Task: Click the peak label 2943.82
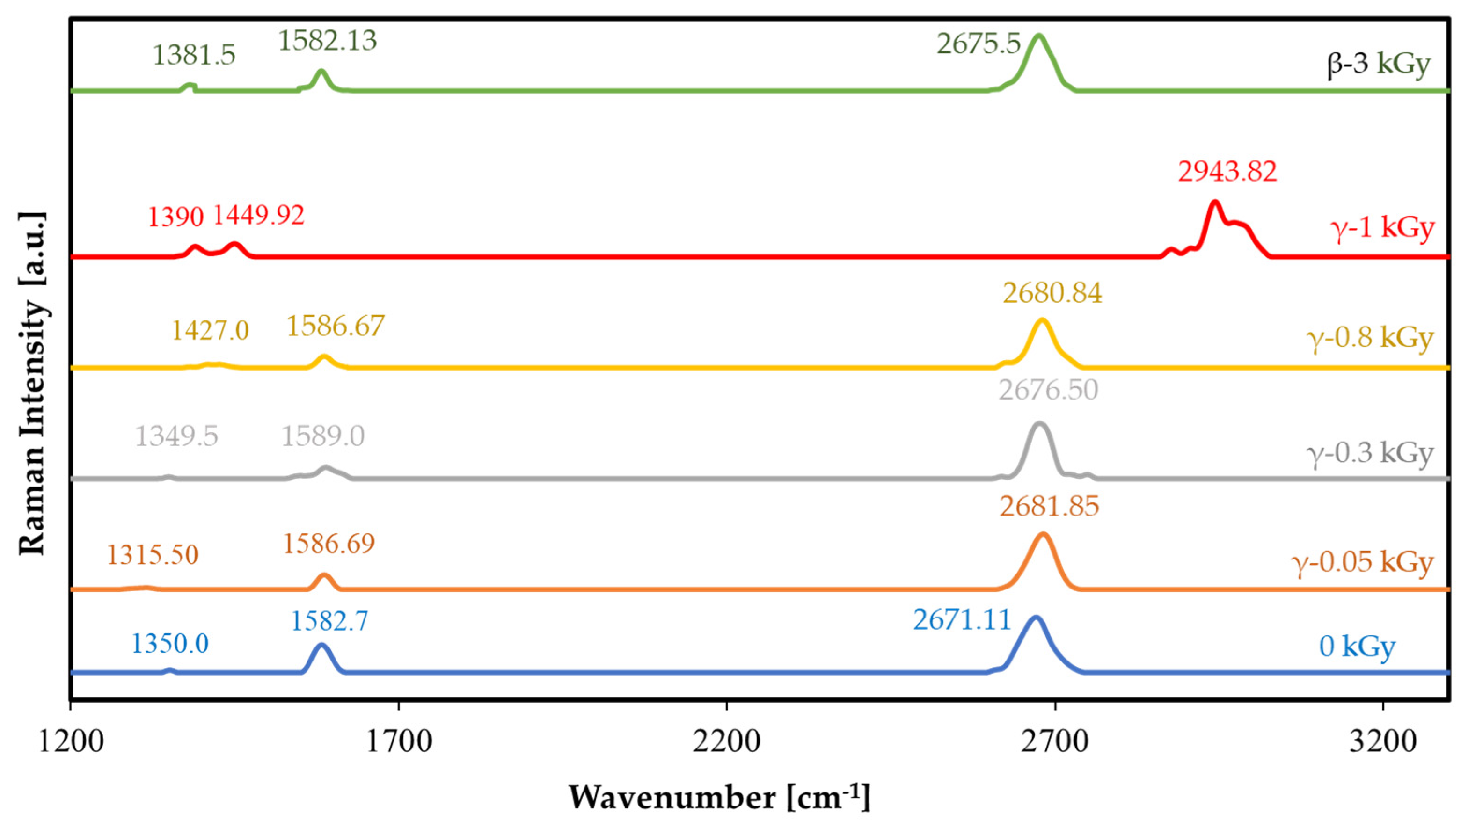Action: [x=1227, y=172]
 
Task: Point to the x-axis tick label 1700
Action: [x=398, y=742]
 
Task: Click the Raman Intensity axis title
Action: [x=32, y=383]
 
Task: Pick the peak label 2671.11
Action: [x=962, y=620]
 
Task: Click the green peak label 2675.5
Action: [x=979, y=44]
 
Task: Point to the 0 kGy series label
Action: [x=1357, y=647]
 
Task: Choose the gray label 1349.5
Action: [x=176, y=436]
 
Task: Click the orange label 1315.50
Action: [x=152, y=554]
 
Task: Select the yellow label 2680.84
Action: [x=1052, y=294]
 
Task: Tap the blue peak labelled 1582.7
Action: [x=321, y=646]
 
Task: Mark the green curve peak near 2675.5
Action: [x=1038, y=36]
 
